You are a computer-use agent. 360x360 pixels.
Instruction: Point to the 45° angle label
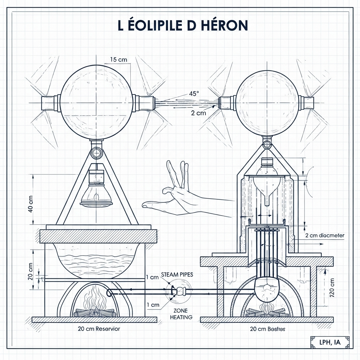click(194, 94)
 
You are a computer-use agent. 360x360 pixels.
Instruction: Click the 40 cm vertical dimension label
click(31, 204)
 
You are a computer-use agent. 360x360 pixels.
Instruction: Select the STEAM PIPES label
click(177, 275)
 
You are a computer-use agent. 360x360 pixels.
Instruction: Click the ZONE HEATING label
click(181, 314)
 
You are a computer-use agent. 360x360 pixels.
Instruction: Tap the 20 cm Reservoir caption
click(99, 329)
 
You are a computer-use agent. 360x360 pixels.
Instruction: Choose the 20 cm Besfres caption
click(267, 329)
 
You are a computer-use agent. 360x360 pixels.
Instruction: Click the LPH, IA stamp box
click(330, 342)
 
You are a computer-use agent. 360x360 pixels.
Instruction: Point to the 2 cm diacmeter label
click(325, 235)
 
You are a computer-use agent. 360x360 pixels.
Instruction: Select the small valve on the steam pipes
click(180, 291)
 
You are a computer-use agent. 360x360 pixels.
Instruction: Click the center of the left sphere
click(96, 103)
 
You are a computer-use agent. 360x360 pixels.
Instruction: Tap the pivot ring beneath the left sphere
click(96, 152)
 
